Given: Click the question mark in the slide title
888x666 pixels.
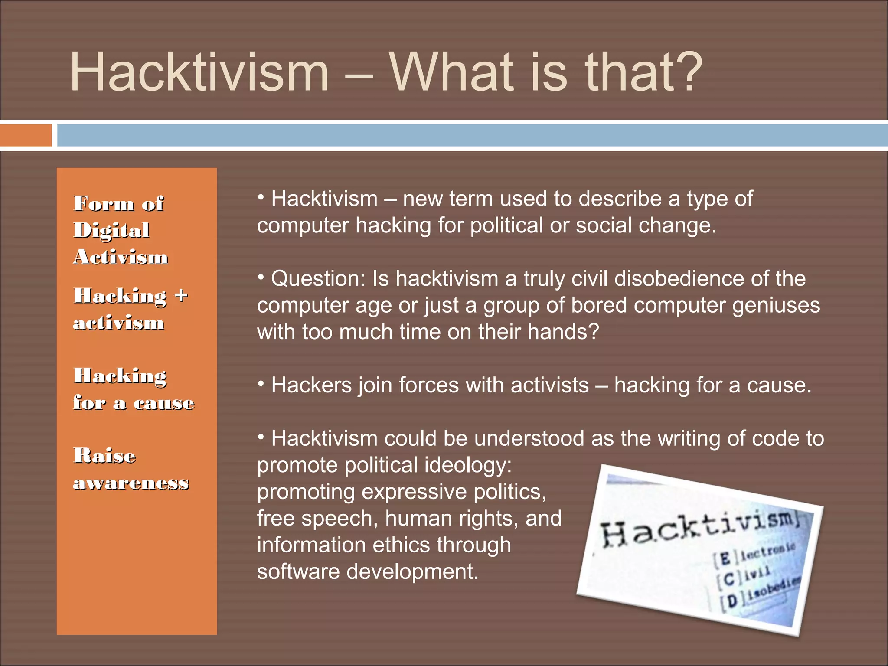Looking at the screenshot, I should [684, 72].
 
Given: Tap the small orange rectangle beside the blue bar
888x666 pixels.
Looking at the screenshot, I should [25, 135].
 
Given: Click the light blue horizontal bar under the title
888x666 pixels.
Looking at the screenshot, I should [472, 135].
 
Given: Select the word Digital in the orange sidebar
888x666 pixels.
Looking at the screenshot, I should [111, 230].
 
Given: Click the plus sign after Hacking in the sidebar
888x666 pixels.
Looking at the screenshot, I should [181, 295].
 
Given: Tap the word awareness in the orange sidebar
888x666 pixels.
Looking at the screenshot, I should [131, 483].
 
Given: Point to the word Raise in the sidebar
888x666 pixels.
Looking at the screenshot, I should [104, 456].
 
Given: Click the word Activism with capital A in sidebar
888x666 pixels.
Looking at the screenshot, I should [121, 257].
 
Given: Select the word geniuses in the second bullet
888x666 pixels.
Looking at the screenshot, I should [776, 305].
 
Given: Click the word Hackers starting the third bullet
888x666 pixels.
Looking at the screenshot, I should [311, 385].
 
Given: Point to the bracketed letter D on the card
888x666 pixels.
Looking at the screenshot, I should [732, 601].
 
